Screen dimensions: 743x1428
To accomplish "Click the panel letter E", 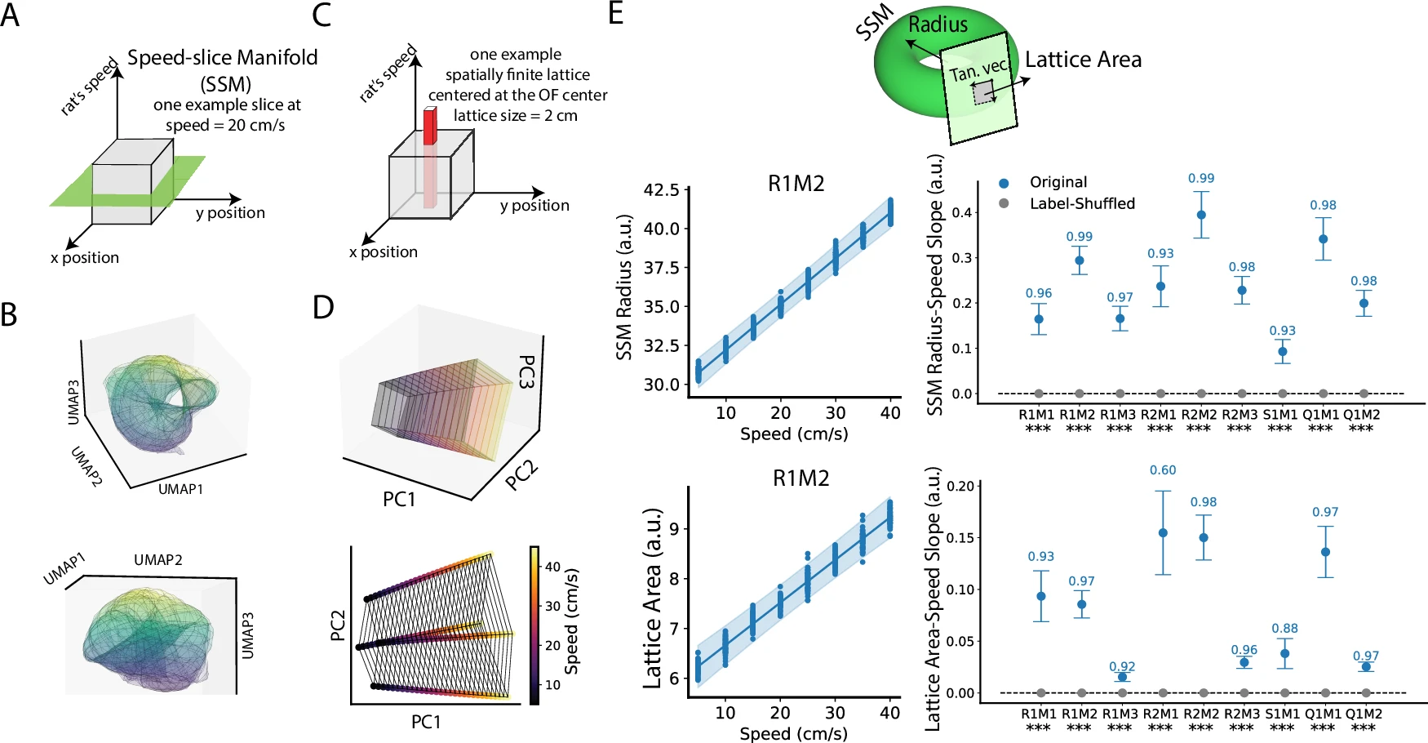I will pyautogui.click(x=616, y=14).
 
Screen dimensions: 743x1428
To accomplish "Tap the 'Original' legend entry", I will pyautogui.click(x=1058, y=182).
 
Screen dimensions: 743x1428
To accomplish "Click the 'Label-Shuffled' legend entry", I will pyautogui.click(x=1082, y=203).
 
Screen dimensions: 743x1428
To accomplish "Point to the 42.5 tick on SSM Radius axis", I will pyautogui.click(x=662, y=190).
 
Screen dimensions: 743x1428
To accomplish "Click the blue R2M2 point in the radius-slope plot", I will pyautogui.click(x=1201, y=216).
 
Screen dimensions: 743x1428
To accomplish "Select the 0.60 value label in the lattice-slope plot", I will pyautogui.click(x=1163, y=470).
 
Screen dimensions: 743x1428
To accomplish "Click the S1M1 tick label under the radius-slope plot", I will pyautogui.click(x=1281, y=415).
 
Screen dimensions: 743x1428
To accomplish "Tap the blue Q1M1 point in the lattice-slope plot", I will pyautogui.click(x=1325, y=553).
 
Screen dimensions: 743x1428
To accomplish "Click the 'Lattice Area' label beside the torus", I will pyautogui.click(x=1083, y=60).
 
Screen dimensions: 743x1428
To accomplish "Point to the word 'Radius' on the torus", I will pyautogui.click(x=938, y=24).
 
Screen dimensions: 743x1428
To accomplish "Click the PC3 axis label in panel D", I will pyautogui.click(x=527, y=371).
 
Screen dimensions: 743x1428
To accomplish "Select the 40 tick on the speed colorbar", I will pyautogui.click(x=552, y=567).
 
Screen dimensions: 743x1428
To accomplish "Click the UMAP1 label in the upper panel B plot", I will pyautogui.click(x=180, y=489).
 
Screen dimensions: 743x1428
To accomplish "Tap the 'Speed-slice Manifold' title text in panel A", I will pyautogui.click(x=223, y=58).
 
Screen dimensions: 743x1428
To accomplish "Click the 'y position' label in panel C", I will pyautogui.click(x=534, y=206).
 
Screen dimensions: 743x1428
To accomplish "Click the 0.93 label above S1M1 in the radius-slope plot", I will pyautogui.click(x=1282, y=331).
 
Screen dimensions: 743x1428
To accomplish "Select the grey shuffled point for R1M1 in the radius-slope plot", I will pyautogui.click(x=1039, y=394).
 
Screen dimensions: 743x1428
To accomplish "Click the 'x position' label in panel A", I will pyautogui.click(x=85, y=258).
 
